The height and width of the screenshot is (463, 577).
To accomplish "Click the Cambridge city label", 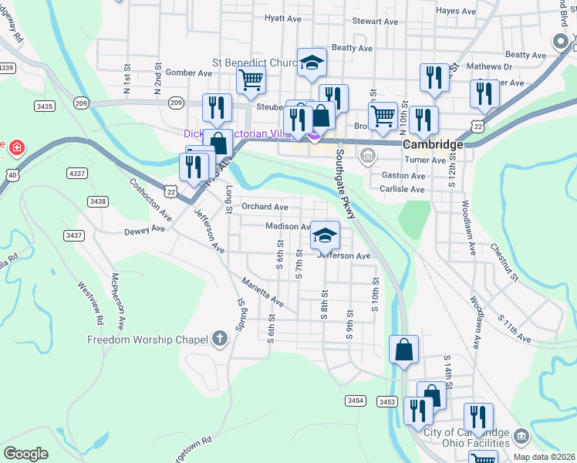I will [432, 144].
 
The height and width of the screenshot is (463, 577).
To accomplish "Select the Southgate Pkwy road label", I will [345, 184].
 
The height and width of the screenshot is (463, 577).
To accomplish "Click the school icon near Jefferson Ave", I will [326, 235].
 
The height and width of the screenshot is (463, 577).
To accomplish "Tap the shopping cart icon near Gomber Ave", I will [251, 79].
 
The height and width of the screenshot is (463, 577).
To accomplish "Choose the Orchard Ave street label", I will [265, 207].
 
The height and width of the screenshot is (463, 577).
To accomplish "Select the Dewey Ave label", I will [144, 230].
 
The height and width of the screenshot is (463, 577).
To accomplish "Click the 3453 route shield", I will [387, 401].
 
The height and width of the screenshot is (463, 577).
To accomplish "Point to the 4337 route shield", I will [76, 173].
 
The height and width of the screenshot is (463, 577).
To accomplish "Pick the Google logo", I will [25, 453].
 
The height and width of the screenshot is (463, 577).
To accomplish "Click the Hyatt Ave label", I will [282, 18].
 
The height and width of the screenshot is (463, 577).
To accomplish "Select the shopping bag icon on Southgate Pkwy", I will [403, 350].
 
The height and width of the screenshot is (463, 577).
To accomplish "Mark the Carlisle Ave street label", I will [403, 189].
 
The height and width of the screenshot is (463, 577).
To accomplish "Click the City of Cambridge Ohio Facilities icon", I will [521, 436].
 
